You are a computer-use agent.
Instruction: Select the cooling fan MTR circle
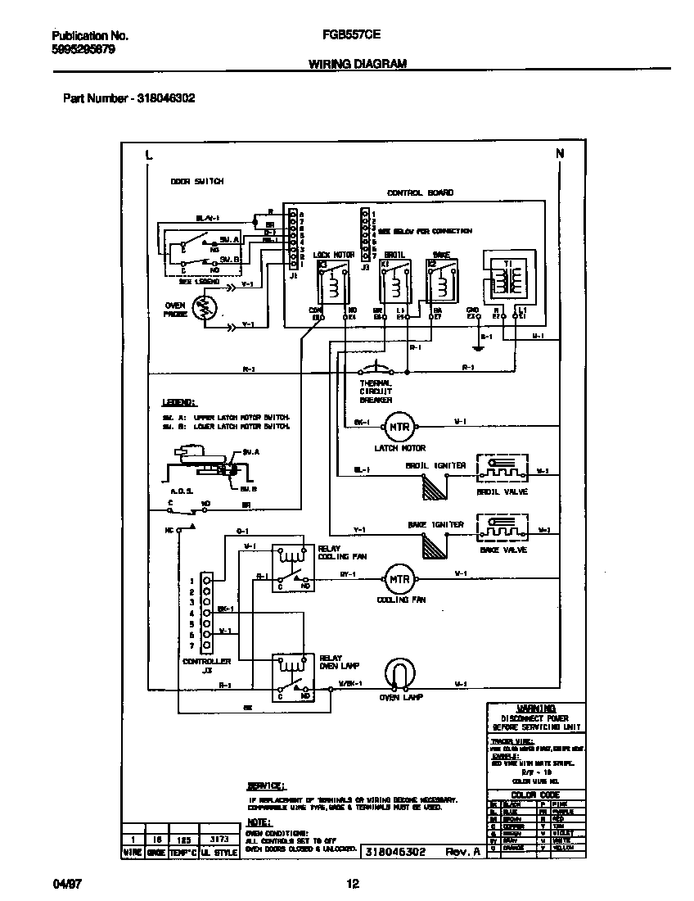click(x=399, y=579)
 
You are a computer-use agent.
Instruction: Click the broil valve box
click(x=502, y=471)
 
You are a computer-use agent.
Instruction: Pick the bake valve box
click(x=502, y=530)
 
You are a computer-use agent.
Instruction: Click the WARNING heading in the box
click(x=536, y=709)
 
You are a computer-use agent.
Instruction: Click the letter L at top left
click(x=148, y=154)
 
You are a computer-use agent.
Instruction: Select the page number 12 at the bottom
click(x=353, y=884)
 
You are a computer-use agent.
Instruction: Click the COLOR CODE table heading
click(x=536, y=795)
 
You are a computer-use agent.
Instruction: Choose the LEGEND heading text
click(x=178, y=403)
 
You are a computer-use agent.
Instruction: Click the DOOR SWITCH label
click(x=196, y=181)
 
